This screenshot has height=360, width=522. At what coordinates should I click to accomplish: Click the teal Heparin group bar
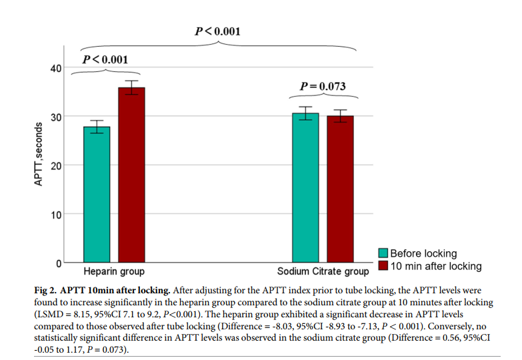coord(97,195)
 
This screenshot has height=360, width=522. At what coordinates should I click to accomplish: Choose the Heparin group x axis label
coord(114,272)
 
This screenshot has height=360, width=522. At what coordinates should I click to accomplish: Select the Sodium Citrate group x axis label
coord(323,272)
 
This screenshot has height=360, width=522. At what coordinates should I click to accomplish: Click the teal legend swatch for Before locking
coord(383,253)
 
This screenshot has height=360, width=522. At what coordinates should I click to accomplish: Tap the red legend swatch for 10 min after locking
coord(383,266)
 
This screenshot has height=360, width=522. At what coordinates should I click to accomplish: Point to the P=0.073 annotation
coord(323,86)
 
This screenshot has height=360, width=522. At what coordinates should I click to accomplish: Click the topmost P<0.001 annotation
coord(217,31)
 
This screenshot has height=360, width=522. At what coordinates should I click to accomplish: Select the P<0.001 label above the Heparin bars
coord(105,60)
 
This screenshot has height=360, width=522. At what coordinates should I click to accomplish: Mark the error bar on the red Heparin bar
coord(131,87)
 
